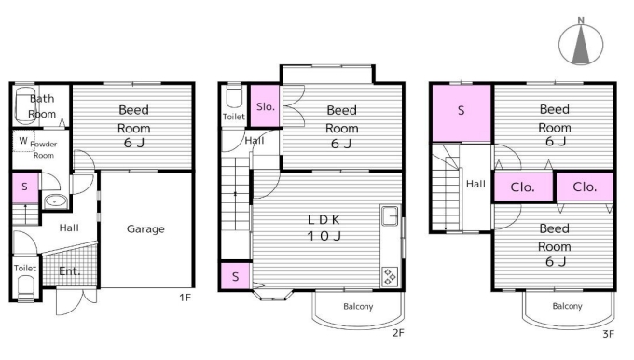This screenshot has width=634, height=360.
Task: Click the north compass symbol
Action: pos(581,44)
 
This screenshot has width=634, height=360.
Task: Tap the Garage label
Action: pos(145,228)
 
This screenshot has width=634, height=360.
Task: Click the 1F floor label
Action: pos(185,298)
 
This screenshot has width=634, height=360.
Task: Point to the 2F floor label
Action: pos(398,333)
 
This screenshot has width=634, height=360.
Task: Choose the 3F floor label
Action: pos(608,334)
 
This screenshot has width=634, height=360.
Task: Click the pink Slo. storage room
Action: pos(265,106)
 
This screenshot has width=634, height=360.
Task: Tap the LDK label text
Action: pos(324,220)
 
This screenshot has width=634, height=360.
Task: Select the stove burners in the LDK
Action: pos(390,277)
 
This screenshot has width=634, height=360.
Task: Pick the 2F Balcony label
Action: pos(358,306)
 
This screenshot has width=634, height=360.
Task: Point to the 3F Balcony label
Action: pos(567,306)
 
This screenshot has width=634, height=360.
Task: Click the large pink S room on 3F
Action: pos(462,113)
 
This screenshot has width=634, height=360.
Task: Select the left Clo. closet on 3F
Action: pos(523,187)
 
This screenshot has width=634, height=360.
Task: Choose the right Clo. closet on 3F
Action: pos(585,187)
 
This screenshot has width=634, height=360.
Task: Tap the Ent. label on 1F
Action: pos(69,271)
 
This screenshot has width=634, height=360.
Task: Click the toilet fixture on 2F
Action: pos(234,95)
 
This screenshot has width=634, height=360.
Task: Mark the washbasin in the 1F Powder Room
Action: pos(55,201)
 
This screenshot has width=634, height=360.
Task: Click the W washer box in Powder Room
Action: pos(23,141)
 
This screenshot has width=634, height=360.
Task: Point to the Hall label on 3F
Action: pos(475,184)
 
